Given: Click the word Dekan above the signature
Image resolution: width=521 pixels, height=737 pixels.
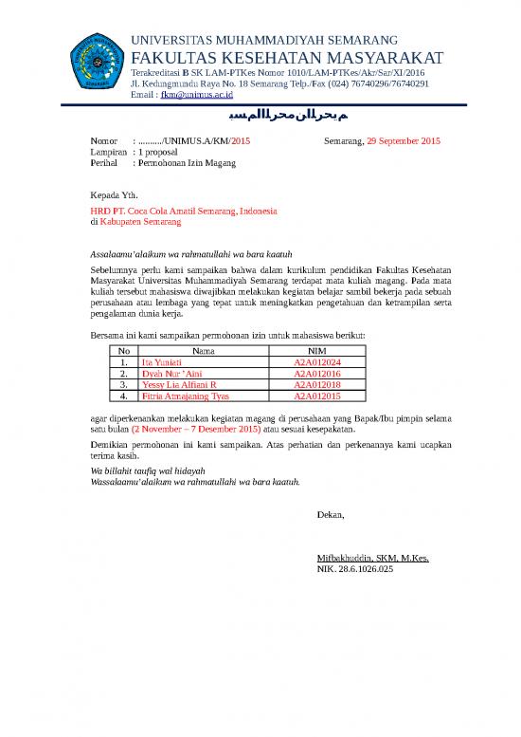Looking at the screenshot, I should [x=331, y=514].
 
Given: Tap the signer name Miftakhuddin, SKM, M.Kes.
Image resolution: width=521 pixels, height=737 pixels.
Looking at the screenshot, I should [x=373, y=559].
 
